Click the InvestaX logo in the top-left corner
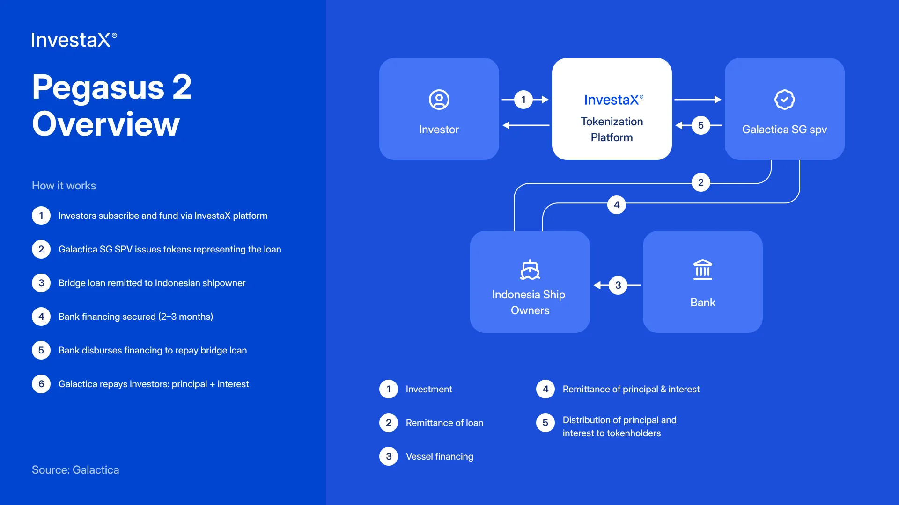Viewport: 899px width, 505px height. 74,40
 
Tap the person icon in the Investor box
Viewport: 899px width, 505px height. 439,100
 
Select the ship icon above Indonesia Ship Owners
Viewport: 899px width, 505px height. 530,270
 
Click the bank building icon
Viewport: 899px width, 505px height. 702,269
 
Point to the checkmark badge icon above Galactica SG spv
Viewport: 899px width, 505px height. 784,100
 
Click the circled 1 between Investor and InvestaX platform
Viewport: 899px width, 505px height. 523,100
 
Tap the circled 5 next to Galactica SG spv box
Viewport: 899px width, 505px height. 700,125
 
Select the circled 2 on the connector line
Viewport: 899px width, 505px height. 700,182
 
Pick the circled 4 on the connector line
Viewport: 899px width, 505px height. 617,205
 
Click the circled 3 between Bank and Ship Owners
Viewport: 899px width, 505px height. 618,285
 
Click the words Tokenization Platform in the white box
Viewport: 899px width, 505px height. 612,130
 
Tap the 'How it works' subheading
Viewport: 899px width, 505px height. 64,186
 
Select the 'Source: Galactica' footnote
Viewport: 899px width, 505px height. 75,470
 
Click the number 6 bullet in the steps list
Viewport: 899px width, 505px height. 41,384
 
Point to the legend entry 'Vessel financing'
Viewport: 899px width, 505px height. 439,456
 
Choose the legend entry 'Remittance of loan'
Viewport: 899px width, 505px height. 444,423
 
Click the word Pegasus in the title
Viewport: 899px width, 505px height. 98,87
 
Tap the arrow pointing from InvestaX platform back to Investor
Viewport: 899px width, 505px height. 525,125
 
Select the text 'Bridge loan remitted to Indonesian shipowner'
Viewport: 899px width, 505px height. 152,283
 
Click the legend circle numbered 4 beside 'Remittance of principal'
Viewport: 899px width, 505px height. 545,389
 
